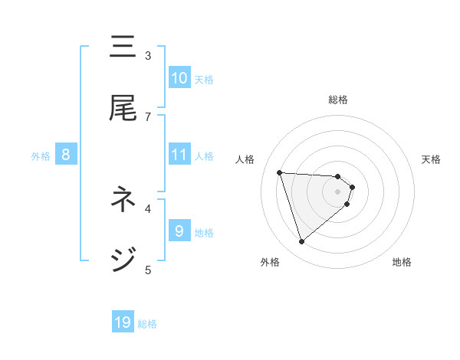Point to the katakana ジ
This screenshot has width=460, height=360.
(x=123, y=259)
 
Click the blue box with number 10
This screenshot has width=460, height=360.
(x=179, y=77)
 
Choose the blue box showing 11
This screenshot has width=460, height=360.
(x=179, y=155)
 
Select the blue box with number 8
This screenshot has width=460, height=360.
(x=65, y=155)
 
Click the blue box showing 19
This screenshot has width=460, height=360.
(x=123, y=322)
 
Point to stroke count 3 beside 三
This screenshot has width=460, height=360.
(x=148, y=55)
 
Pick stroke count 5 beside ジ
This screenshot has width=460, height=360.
(x=148, y=269)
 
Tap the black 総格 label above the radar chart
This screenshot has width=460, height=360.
(x=338, y=100)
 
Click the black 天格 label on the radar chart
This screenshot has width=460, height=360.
(x=432, y=159)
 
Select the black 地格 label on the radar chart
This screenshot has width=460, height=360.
(x=402, y=262)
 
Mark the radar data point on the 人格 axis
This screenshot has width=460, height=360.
(x=280, y=172)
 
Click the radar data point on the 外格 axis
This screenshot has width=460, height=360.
(x=301, y=242)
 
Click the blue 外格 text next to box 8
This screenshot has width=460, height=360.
(x=41, y=155)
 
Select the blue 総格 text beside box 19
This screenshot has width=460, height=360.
(x=147, y=324)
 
